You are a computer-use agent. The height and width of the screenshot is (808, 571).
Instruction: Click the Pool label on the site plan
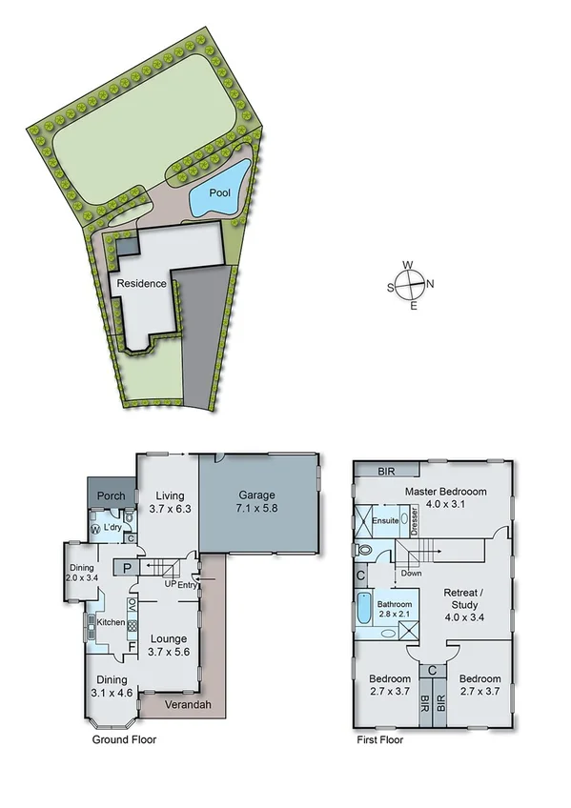pyautogui.click(x=220, y=192)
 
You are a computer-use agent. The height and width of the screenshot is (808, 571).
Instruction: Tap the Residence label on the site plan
pyautogui.click(x=142, y=283)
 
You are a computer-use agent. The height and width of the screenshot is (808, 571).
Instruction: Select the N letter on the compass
pyautogui.click(x=430, y=283)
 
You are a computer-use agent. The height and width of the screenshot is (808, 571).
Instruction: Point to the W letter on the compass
pyautogui.click(x=408, y=266)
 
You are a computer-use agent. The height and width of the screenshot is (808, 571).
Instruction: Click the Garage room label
pyautogui.click(x=255, y=495)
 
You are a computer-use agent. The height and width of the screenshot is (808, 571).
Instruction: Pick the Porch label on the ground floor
pyautogui.click(x=111, y=496)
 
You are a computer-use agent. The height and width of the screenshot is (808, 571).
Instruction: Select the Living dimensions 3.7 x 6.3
pyautogui.click(x=170, y=509)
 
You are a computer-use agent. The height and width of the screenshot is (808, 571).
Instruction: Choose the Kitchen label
pyautogui.click(x=112, y=622)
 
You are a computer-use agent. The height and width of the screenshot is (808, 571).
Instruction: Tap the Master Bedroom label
pyautogui.click(x=445, y=491)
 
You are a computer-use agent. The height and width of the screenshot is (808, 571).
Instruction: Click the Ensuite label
pyautogui.click(x=385, y=521)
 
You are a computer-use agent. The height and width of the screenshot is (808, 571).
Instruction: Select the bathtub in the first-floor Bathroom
pyautogui.click(x=363, y=609)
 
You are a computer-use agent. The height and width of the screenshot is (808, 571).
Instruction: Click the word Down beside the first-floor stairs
pyautogui.click(x=411, y=574)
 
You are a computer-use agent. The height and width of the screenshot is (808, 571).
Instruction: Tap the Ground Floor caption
pyautogui.click(x=124, y=739)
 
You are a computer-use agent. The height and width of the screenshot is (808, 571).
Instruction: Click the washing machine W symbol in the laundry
pyautogui.click(x=95, y=529)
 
